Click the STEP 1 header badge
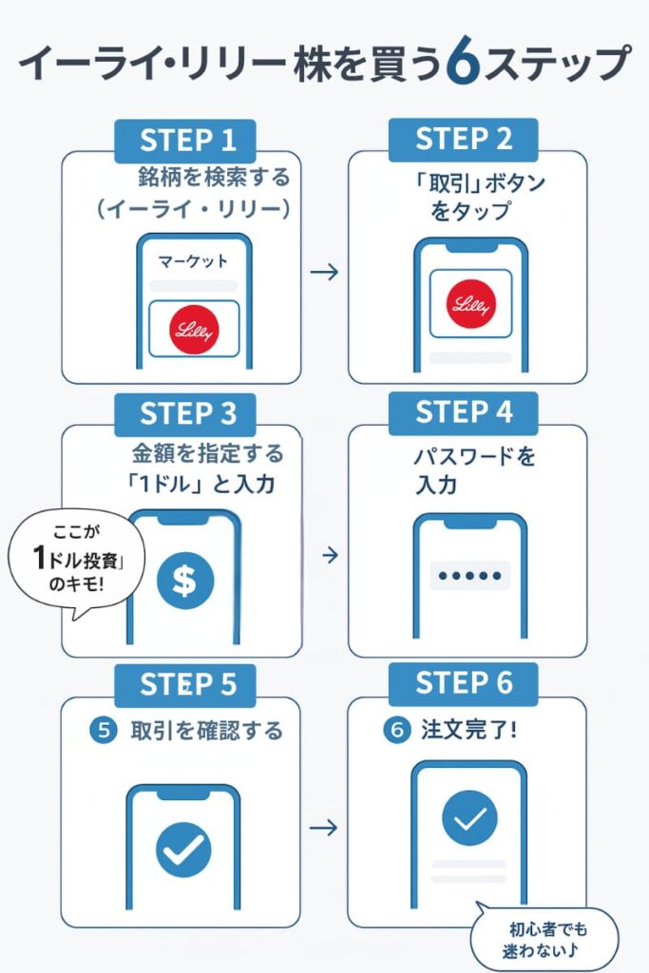187,141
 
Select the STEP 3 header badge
187,413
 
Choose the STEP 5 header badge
187,685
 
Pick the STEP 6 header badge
463,683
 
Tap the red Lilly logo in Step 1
194,331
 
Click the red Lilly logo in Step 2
471,304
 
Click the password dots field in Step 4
469,576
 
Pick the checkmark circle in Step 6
469,818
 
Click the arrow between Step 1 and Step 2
325,273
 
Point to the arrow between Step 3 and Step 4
325,553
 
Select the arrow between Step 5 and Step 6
325,828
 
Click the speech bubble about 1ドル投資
71,563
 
